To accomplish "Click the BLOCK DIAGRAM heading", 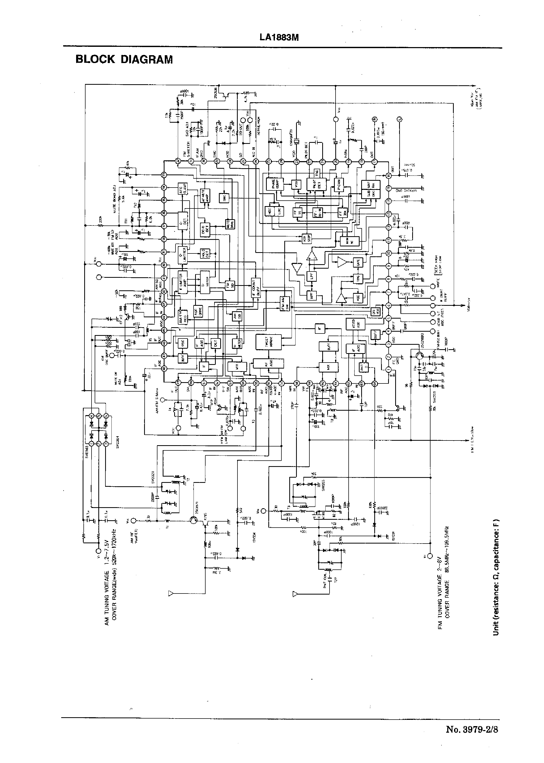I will coord(124,60).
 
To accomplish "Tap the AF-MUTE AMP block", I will coord(204,196).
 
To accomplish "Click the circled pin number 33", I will coord(164,175).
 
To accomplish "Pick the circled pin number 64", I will coord(375,383).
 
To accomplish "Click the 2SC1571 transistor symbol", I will coord(193,529).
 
